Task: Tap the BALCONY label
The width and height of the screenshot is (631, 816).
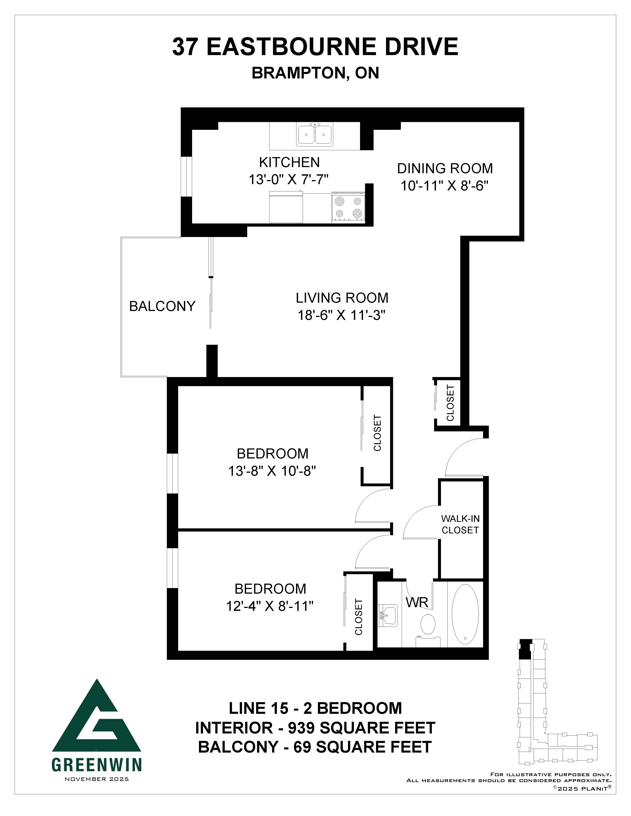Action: pos(162,306)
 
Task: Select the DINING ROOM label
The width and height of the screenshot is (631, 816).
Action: pos(445,169)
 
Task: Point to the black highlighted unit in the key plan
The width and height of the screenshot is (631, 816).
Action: pos(526,649)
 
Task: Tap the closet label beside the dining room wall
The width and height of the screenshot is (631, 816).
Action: pos(450,403)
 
